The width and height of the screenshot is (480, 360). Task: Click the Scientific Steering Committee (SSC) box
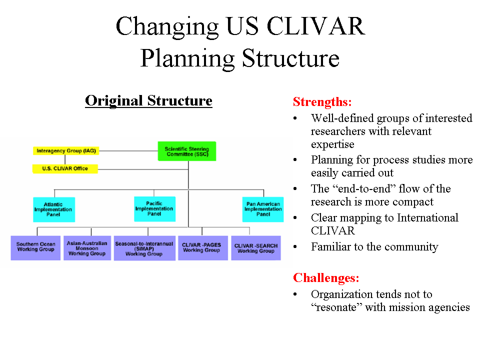[187, 151]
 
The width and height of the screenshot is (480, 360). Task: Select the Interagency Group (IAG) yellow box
[65, 150]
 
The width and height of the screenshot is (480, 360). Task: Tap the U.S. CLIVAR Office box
[65, 169]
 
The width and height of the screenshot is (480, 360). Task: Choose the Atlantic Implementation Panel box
[54, 209]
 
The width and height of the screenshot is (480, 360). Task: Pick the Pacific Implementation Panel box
[155, 209]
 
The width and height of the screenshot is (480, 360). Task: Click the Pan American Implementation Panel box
[263, 209]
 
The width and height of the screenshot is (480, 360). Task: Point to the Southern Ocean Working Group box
[35, 248]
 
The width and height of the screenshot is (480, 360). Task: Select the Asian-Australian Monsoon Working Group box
[87, 248]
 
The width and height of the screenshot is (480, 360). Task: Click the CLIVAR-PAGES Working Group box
[202, 248]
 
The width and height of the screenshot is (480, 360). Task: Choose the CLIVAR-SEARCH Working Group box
[256, 248]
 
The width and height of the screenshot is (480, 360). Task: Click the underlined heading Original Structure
[148, 101]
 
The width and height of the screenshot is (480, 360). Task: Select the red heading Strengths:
[322, 102]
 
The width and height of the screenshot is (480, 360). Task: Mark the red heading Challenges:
[326, 277]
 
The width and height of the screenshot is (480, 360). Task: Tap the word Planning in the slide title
[187, 58]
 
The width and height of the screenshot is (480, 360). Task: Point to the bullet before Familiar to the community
[295, 247]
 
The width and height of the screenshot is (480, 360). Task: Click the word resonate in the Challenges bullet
[336, 307]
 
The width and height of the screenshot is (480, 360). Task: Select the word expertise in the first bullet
[332, 144]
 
